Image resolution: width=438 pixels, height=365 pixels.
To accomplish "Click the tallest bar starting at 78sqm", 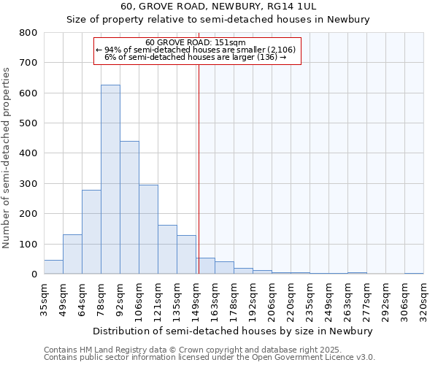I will pyautogui.click(x=110, y=180).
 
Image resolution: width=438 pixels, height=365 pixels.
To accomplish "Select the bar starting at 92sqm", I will pyautogui.click(x=129, y=207).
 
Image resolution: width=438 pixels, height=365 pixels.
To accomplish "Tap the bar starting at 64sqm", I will pyautogui.click(x=91, y=232).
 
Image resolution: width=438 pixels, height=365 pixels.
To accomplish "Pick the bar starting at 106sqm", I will pyautogui.click(x=148, y=229).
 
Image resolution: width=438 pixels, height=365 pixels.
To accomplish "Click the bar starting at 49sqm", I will pyautogui.click(x=72, y=254).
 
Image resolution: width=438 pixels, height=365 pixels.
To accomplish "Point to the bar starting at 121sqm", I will pyautogui.click(x=167, y=250).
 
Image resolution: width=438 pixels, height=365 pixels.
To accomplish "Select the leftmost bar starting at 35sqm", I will pyautogui.click(x=53, y=267).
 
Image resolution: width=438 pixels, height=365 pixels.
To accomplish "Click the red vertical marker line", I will pyautogui.click(x=199, y=168).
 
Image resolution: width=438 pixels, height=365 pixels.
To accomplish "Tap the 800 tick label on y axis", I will pyautogui.click(x=28, y=33).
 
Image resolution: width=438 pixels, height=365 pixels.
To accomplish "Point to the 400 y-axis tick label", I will pyautogui.click(x=28, y=153).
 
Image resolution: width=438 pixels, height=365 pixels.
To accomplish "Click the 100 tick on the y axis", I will pyautogui.click(x=28, y=244).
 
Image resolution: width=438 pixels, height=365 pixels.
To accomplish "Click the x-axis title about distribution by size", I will pyautogui.click(x=234, y=331).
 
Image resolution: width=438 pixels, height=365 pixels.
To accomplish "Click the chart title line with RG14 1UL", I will pyautogui.click(x=218, y=7).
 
